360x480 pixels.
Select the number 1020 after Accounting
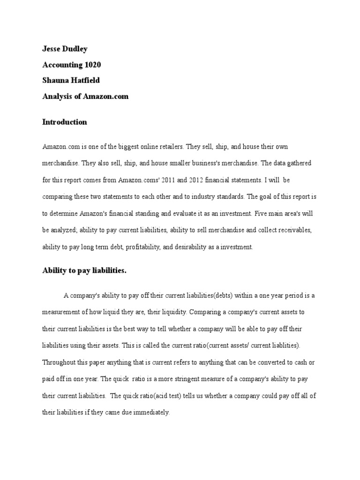[90, 64]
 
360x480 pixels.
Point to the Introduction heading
[65, 122]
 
